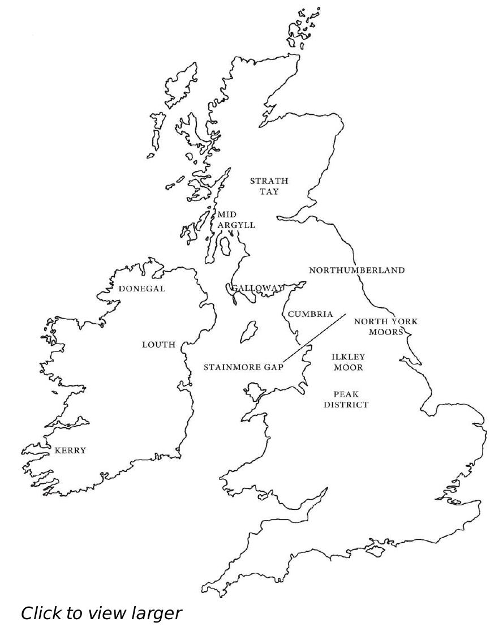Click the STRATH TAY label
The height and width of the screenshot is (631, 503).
pos(269,186)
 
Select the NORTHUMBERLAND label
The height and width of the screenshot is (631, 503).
pos(356,271)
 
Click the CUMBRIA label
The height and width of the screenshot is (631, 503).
pos(309,314)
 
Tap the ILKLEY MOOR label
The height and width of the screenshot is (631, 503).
pos(348,362)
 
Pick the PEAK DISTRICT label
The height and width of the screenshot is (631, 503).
pos(346,399)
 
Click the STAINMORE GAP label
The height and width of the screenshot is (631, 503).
pos(243,367)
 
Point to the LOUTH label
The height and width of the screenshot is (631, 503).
pos(158,345)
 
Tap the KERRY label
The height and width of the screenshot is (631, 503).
pos(70,450)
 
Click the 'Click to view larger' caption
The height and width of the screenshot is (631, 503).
pos(102,613)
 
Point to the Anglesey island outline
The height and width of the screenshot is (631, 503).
pos(252,390)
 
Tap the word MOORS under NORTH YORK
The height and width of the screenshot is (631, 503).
pos(386,332)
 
